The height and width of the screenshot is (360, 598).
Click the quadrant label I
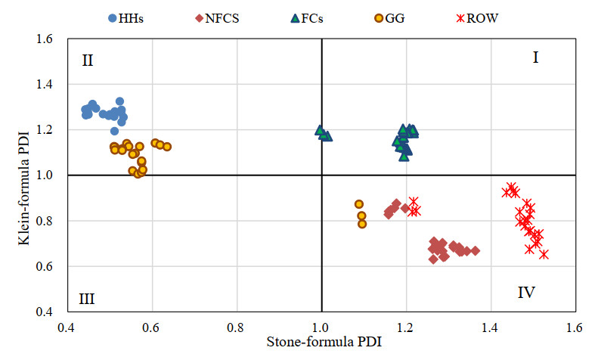535,57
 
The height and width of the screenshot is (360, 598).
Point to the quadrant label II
88,61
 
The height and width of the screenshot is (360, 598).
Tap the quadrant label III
86,298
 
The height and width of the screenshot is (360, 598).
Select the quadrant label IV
526,292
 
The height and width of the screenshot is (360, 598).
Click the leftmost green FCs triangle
320,130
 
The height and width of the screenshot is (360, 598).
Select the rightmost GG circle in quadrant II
167,147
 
